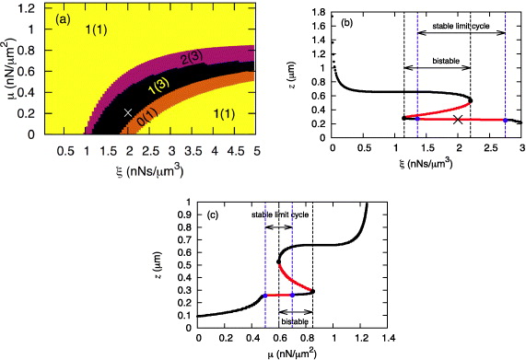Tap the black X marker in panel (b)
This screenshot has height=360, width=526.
point(459,120)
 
